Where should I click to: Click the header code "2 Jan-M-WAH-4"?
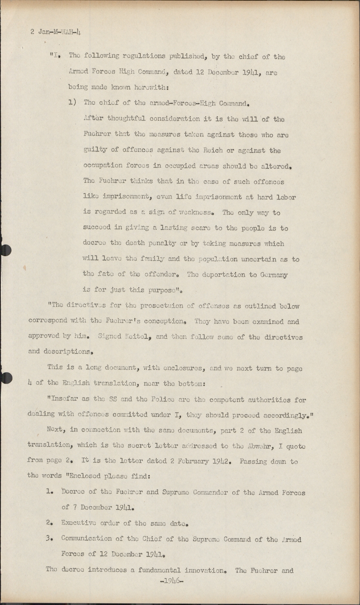(56, 32)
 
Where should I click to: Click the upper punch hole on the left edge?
(5, 250)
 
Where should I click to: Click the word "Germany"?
(274, 275)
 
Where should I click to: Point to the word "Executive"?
(79, 523)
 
